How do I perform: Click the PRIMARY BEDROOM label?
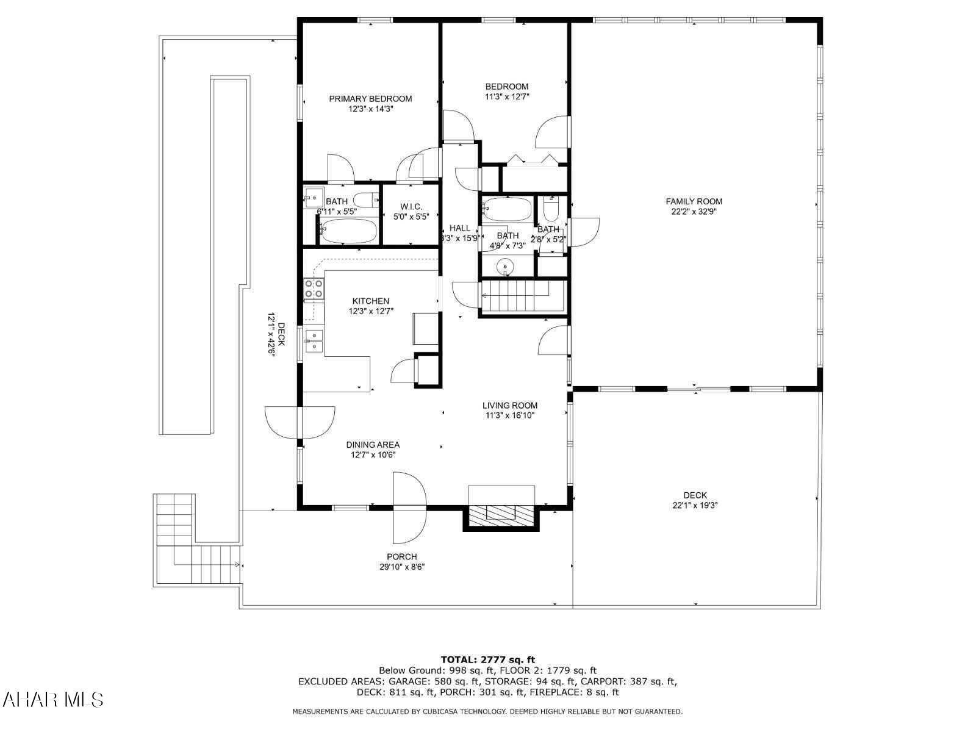coord(370,99)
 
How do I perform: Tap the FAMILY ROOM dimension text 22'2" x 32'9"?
coord(694,212)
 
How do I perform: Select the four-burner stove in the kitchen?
coord(314,289)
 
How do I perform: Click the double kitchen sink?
coord(314,340)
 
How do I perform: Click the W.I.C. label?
coord(411,207)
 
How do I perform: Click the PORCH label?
coord(402,556)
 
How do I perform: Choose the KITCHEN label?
coord(371,301)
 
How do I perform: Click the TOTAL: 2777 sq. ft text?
coord(487,659)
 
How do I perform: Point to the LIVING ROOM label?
coord(510,405)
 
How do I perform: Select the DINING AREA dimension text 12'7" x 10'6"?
coord(373,454)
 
